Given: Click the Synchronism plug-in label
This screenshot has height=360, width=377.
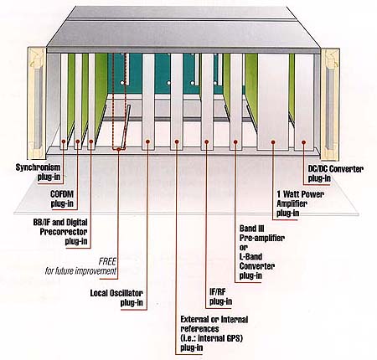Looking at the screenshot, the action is point(38,172).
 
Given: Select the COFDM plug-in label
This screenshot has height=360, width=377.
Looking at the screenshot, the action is point(62,198).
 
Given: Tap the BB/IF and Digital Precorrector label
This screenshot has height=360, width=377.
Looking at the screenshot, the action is point(60,232).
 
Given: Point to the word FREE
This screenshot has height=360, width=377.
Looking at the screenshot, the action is point(107,261).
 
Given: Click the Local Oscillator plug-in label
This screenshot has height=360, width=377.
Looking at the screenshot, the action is point(116,298).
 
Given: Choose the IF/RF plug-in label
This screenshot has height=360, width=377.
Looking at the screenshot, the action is point(220,296).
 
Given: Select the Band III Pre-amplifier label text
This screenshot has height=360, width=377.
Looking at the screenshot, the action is point(262,234).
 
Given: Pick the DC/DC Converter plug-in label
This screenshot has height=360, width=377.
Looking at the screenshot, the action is point(336,173).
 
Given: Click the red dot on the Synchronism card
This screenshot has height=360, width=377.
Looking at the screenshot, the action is point(64,141).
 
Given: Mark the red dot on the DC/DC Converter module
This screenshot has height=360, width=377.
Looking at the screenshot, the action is point(304,142).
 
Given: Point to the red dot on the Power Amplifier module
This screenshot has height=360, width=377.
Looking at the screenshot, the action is point(273,142).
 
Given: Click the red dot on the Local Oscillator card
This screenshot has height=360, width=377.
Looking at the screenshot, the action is point(147,141).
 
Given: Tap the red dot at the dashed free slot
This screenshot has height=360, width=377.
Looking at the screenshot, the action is point(119,150).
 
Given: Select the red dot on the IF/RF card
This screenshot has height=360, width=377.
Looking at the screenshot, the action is point(206,142).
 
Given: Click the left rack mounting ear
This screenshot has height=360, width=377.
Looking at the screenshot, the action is point(37,103).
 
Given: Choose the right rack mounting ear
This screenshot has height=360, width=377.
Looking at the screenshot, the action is point(330,105).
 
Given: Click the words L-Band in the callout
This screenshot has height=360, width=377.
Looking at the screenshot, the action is point(250,257).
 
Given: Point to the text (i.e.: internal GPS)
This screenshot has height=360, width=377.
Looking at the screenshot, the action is point(212,338).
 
